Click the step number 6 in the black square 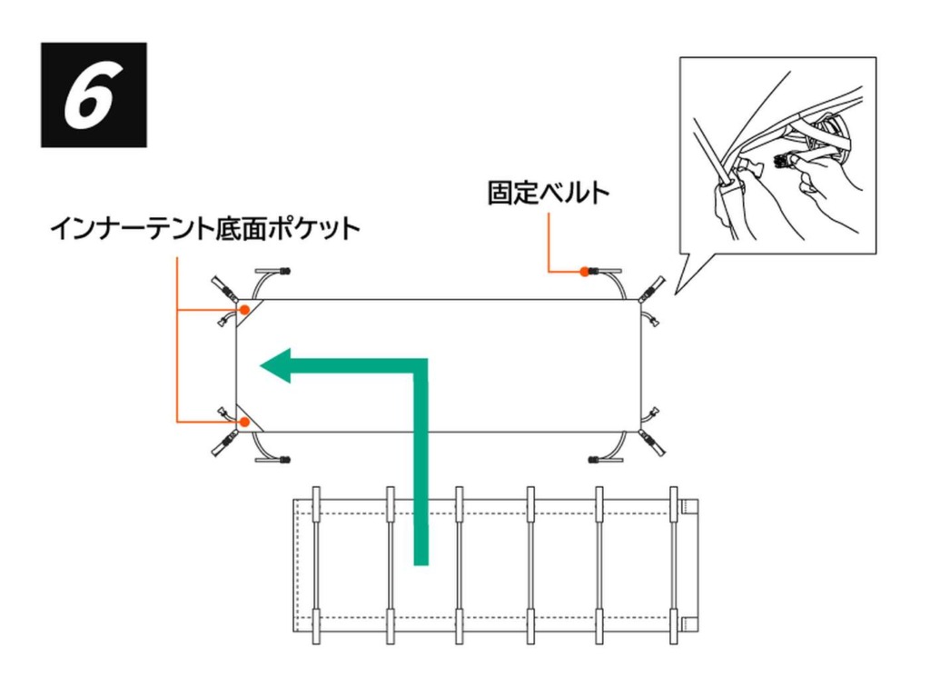(93, 95)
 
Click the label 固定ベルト (548, 194)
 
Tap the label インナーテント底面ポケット (204, 227)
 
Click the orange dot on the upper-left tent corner (244, 310)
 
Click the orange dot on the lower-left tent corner (243, 422)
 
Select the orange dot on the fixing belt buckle (583, 271)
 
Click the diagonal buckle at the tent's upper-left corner (223, 289)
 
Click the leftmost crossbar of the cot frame (316, 564)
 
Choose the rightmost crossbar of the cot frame (673, 564)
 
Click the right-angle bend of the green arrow (420, 367)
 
